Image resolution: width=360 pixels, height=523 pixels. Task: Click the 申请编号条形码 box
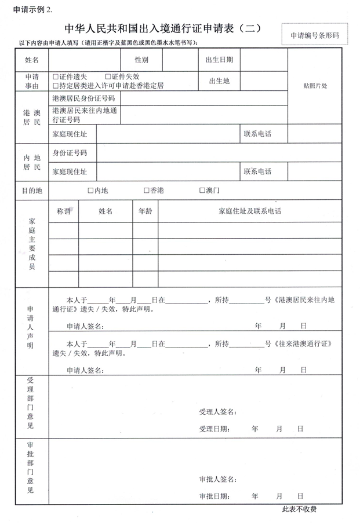(x=315, y=36)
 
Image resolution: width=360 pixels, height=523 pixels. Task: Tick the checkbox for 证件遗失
(x=56, y=76)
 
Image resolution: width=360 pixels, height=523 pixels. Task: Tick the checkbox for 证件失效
(x=108, y=76)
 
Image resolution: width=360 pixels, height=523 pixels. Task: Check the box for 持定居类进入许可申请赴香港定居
(x=56, y=86)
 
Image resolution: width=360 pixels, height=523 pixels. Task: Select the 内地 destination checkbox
(x=90, y=191)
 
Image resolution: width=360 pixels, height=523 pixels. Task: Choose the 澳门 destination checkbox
(x=202, y=191)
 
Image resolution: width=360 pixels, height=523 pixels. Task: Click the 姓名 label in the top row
(x=32, y=60)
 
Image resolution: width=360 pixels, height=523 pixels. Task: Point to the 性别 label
(x=141, y=60)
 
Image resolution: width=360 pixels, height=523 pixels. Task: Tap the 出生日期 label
(x=219, y=60)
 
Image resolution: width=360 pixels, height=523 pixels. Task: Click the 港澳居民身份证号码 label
(x=83, y=99)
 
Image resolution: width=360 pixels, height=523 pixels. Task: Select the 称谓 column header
(x=64, y=211)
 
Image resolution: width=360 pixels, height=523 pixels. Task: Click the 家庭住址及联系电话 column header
(x=250, y=211)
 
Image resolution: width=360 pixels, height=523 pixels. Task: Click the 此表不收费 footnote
(x=299, y=510)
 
